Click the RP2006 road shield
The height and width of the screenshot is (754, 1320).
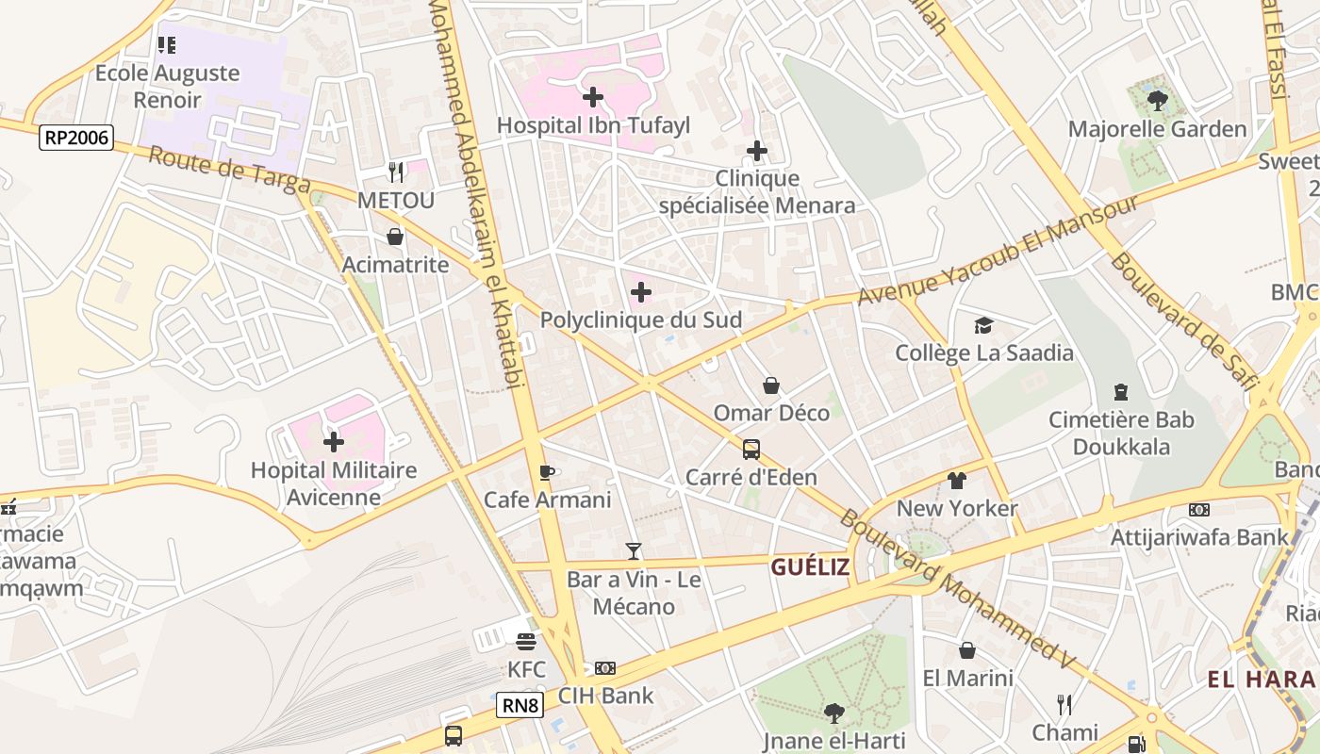coord(76,139)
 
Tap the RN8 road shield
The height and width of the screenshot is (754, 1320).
coord(520,705)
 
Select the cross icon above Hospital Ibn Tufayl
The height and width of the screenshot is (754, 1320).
coord(593,97)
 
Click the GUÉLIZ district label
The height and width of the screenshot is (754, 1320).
coord(810,566)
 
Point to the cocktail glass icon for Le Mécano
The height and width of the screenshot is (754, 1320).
coord(634,551)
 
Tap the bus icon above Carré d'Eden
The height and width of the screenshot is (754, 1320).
coord(751,450)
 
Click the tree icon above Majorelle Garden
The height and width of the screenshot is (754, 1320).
coord(1158,100)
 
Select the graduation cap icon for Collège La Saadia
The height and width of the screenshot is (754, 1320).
coord(984,326)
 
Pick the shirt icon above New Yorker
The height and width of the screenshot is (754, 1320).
coord(957,481)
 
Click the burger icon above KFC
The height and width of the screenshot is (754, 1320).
coord(526,642)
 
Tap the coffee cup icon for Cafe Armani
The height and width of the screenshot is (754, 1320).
coord(546,472)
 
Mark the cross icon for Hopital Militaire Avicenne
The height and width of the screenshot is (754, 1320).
coord(334,441)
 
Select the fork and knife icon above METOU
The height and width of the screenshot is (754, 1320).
coord(396,172)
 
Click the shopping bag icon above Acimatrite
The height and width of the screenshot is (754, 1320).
coord(395,237)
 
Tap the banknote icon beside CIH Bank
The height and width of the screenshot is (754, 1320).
coord(605,668)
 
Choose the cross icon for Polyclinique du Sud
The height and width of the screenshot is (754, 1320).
coord(640,292)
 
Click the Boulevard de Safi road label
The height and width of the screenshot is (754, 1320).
coord(1184,320)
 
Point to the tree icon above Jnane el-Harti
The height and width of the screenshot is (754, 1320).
coord(833,713)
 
